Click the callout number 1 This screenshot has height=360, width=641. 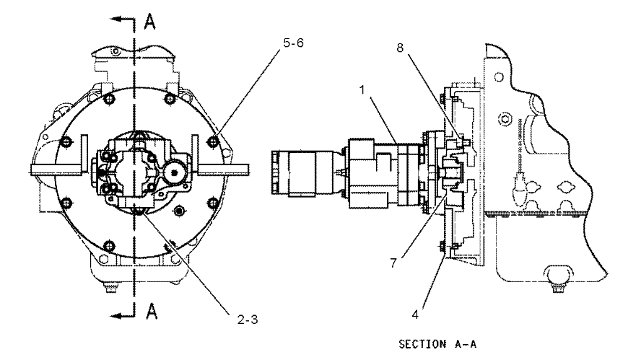pyautogui.click(x=362, y=89)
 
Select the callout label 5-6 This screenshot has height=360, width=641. pyautogui.click(x=293, y=43)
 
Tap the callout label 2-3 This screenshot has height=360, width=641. pyautogui.click(x=248, y=319)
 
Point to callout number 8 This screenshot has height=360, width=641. pyautogui.click(x=400, y=48)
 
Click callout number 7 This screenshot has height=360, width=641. pyautogui.click(x=393, y=263)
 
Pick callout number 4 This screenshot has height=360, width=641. pyautogui.click(x=415, y=315)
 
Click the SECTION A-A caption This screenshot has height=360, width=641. pyautogui.click(x=437, y=344)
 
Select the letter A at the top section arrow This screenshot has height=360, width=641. pyautogui.click(x=150, y=22)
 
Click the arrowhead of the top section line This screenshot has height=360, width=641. pyautogui.click(x=115, y=19)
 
